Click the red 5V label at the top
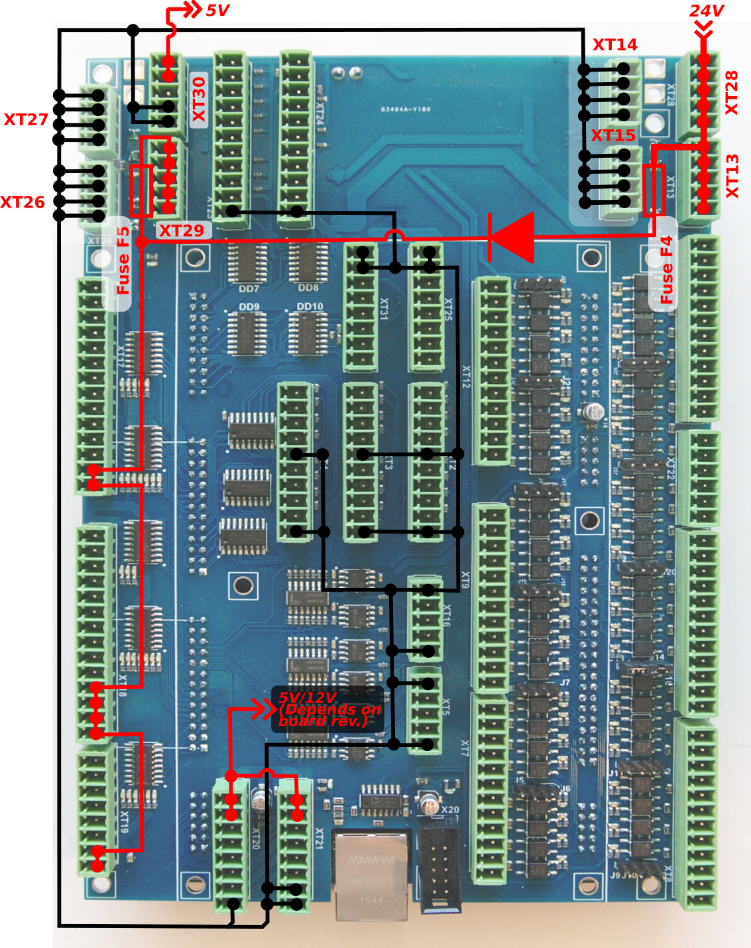point(217,11)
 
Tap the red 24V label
point(706,11)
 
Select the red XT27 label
point(26,119)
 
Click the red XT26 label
point(23,202)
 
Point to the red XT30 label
point(199,99)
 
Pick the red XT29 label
point(181,231)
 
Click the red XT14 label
point(614,44)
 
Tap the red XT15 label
point(613,135)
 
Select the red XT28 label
point(731,93)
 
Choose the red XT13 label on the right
point(731,176)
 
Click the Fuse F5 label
point(123,261)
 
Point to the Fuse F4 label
point(665,270)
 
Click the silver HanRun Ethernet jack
point(371,875)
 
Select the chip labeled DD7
point(247,263)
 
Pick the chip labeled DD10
point(309,332)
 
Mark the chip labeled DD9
point(247,332)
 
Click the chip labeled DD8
point(308,263)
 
